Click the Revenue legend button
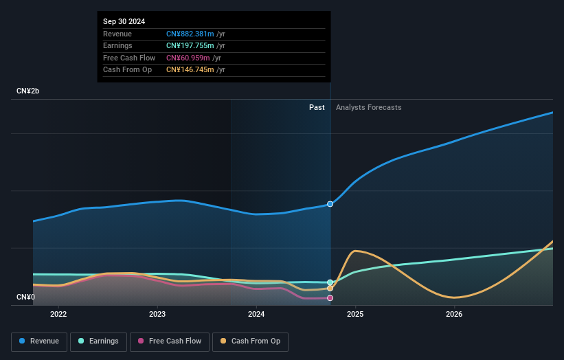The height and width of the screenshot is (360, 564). click(x=38, y=341)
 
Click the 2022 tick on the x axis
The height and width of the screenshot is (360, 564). click(x=58, y=315)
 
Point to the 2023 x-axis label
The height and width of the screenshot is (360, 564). click(x=157, y=315)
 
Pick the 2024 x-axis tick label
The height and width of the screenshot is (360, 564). click(x=256, y=315)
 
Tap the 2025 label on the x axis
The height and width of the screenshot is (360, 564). click(x=355, y=315)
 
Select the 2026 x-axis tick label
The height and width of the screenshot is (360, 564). click(x=454, y=315)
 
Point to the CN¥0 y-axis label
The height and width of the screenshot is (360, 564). click(x=25, y=297)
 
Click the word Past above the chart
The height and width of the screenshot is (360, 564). click(x=317, y=107)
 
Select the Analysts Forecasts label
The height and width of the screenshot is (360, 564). click(x=368, y=107)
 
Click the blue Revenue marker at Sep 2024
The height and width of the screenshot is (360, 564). click(x=330, y=204)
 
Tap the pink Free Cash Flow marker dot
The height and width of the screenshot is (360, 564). click(x=330, y=298)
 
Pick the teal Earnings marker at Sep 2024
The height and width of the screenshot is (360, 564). click(x=330, y=282)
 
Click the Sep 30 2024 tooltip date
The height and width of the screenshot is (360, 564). click(x=124, y=22)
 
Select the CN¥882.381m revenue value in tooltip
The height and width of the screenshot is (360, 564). click(x=190, y=34)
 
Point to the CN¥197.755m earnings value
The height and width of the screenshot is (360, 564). click(x=190, y=45)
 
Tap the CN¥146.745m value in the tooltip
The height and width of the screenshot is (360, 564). click(x=190, y=69)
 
